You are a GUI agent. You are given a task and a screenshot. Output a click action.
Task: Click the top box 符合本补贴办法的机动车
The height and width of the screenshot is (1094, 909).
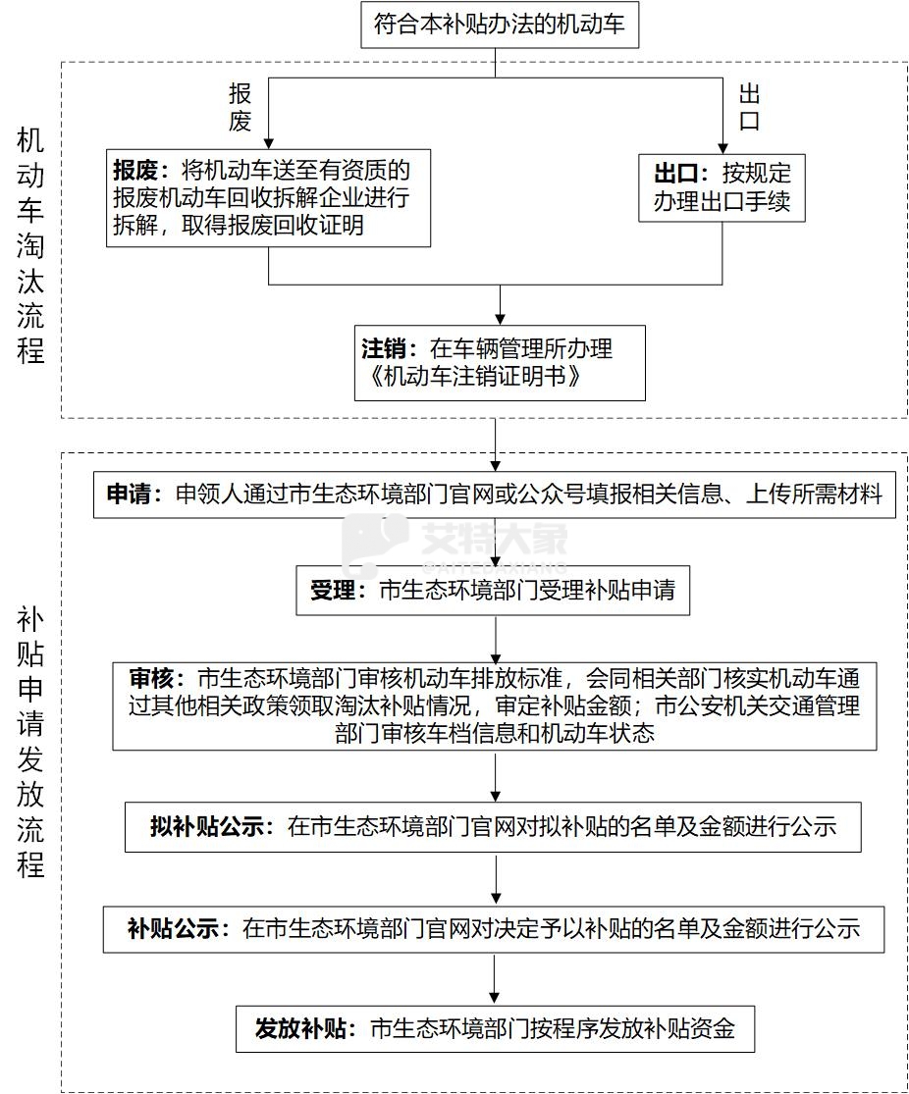pos(500,24)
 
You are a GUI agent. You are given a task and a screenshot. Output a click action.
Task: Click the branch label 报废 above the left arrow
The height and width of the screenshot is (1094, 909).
pos(241,107)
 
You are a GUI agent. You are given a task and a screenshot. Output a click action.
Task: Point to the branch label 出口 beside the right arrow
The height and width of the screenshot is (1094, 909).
pos(750,108)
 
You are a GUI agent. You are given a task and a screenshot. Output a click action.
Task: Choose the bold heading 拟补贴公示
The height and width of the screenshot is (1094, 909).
pos(210,827)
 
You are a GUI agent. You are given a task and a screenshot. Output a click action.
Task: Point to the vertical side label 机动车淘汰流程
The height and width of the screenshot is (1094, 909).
pos(31,245)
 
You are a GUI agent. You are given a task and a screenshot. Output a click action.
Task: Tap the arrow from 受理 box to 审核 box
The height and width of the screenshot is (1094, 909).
pos(496,640)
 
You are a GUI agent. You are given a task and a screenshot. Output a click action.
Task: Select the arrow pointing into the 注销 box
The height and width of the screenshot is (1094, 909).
pos(501,305)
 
